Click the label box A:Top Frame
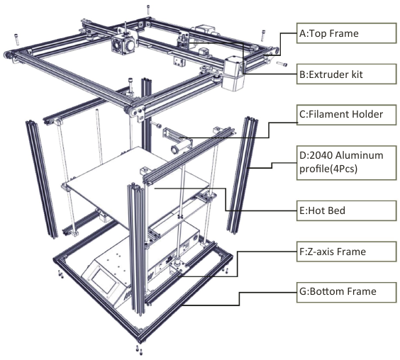(343, 33)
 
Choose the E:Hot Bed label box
(343, 210)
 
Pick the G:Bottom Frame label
(343, 291)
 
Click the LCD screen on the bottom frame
(106, 283)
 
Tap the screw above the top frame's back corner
(148, 9)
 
